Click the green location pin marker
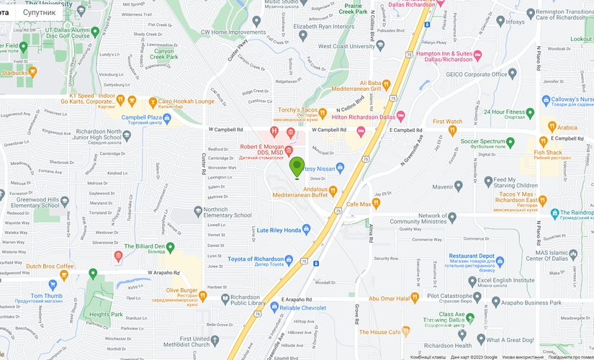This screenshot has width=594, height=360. [297, 167]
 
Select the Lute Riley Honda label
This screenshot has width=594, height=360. [274, 230]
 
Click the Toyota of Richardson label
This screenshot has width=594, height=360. [255, 259]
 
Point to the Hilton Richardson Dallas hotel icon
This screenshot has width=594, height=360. [401, 116]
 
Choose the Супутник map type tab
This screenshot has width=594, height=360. [39, 12]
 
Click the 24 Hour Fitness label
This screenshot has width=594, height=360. [504, 112]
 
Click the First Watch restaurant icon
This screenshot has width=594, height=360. [453, 130]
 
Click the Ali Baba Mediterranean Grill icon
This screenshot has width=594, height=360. [387, 84]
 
